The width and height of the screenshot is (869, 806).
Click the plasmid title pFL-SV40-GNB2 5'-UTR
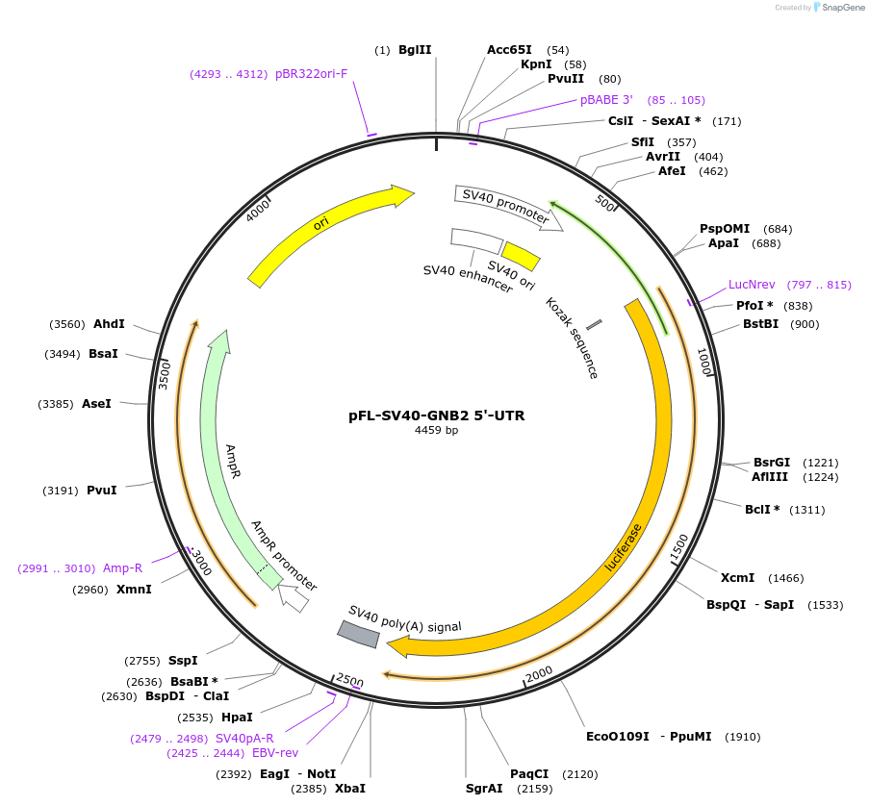pyautogui.click(x=436, y=416)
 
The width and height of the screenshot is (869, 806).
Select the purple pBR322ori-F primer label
pyautogui.click(x=311, y=73)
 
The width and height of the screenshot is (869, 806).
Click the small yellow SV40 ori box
pyautogui.click(x=521, y=255)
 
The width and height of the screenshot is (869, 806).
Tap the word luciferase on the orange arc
pyautogui.click(x=623, y=547)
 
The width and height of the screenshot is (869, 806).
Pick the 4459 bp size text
pyautogui.click(x=436, y=431)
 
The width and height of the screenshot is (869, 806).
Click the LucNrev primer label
pyautogui.click(x=752, y=285)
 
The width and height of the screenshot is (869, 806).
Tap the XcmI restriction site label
pyautogui.click(x=737, y=578)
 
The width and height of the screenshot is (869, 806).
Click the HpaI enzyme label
pyautogui.click(x=237, y=717)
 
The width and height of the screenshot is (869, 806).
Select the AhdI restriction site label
pyautogui.click(x=109, y=324)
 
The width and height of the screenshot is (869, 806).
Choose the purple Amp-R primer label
pyautogui.click(x=122, y=568)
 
